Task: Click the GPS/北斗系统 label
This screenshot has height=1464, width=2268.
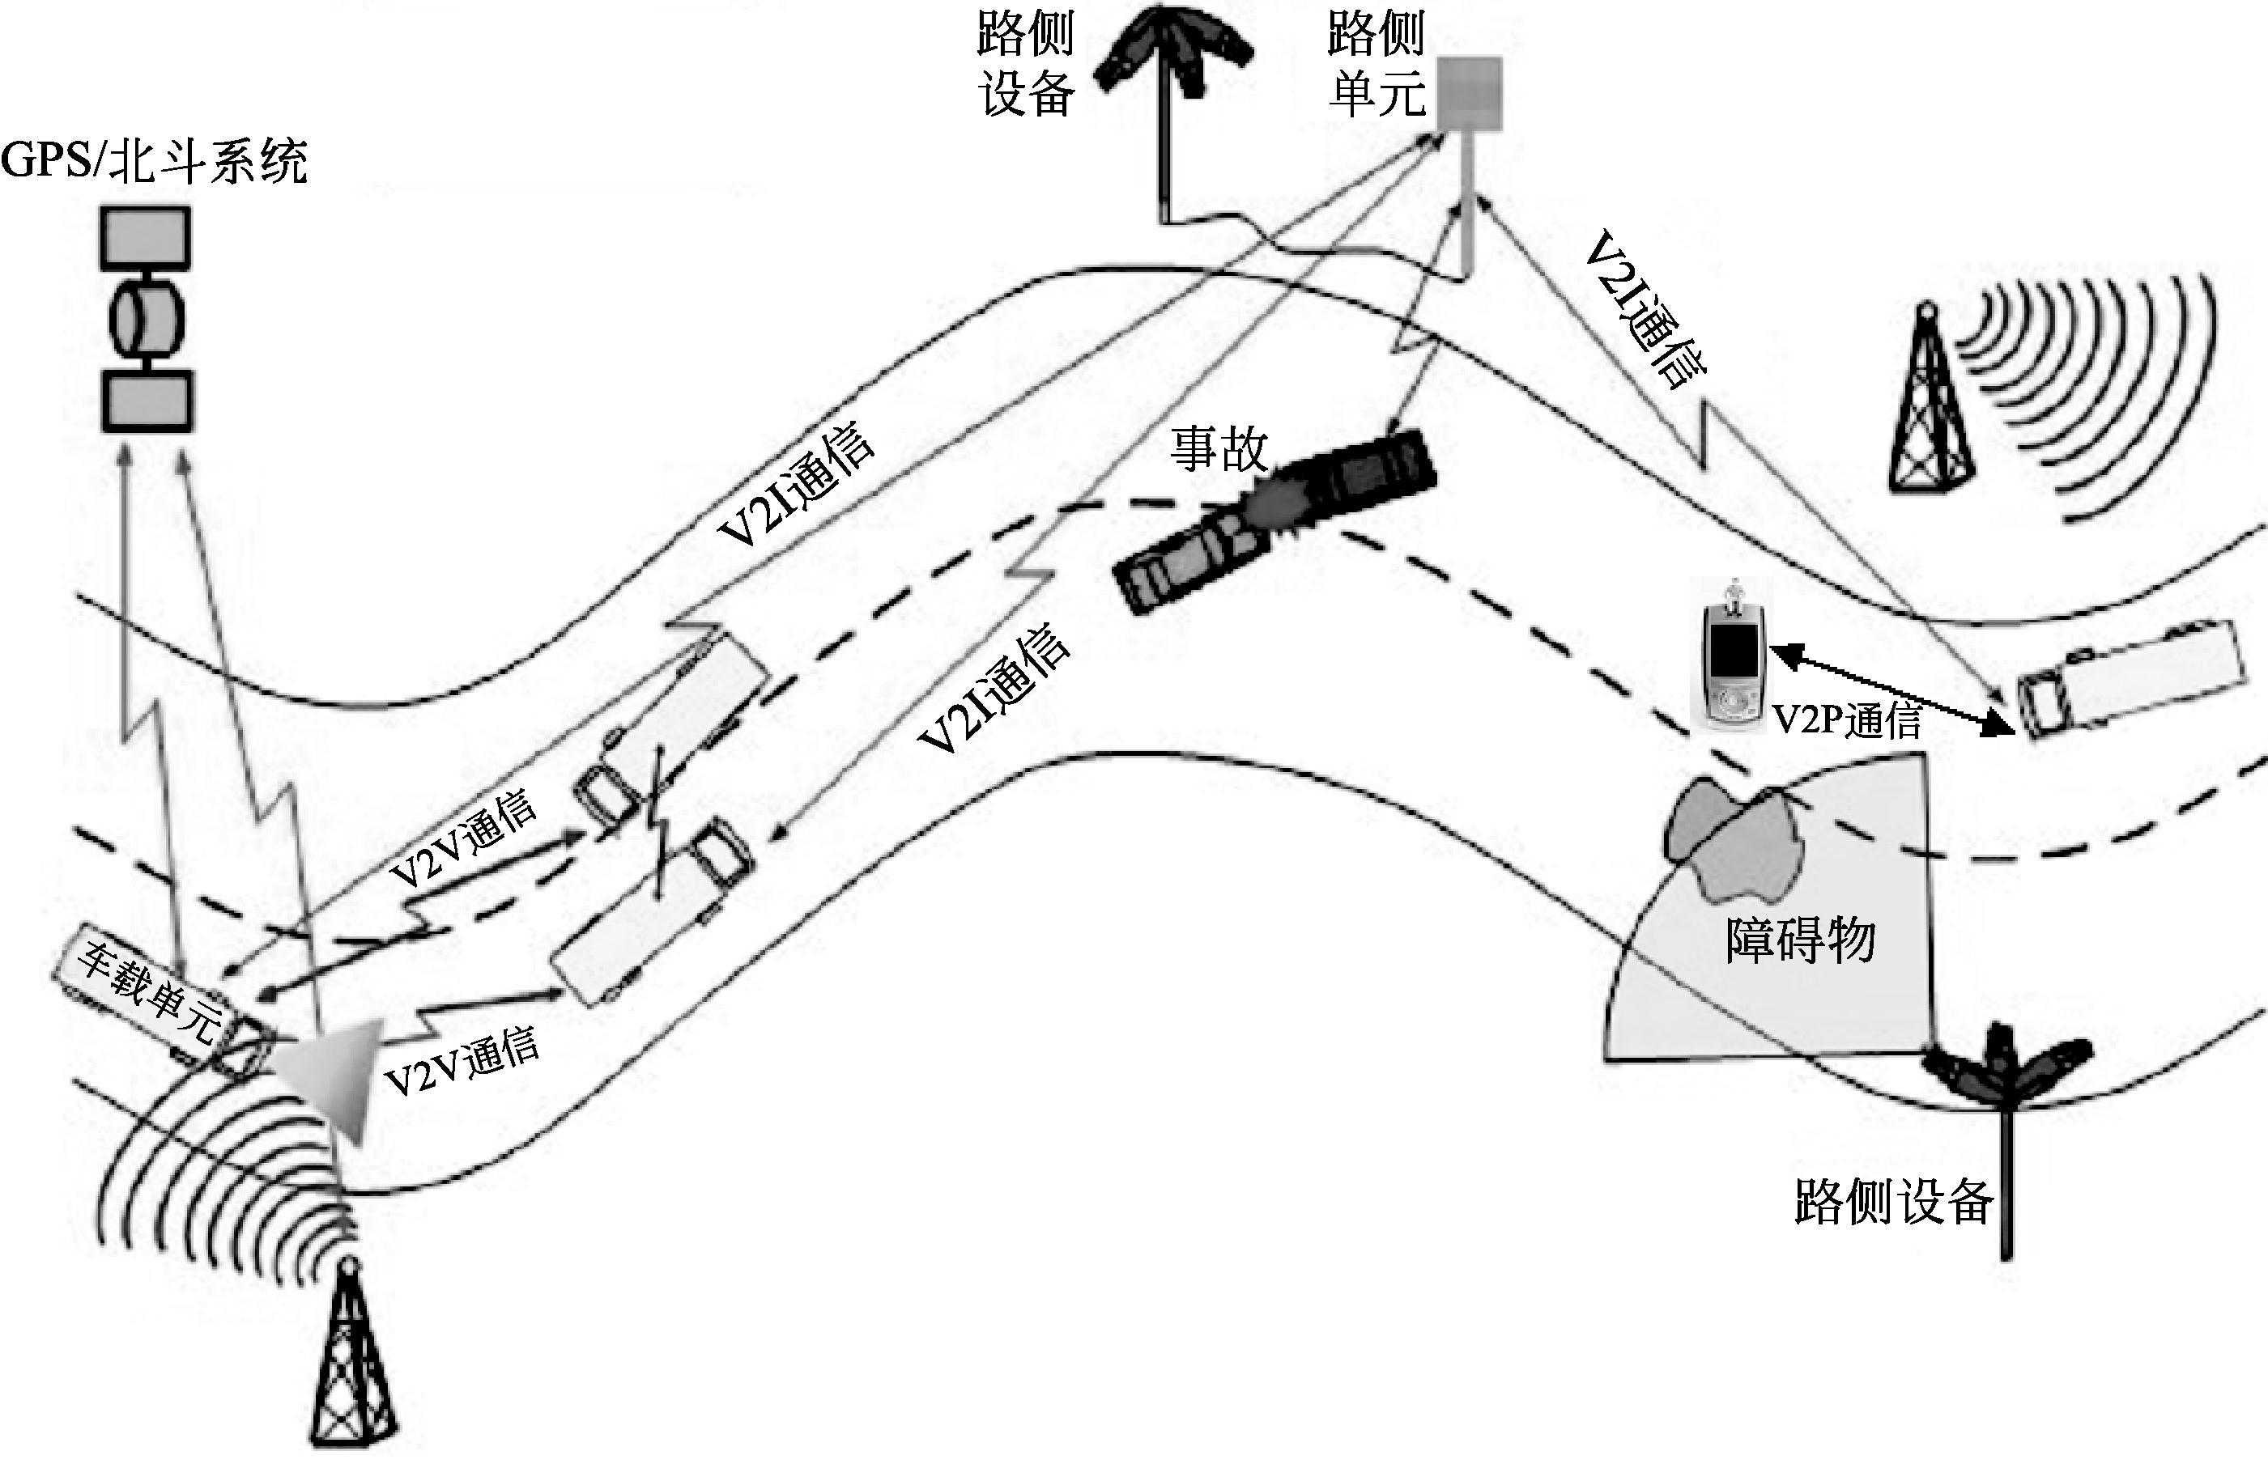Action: click(154, 162)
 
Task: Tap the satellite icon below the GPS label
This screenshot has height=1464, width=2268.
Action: click(147, 320)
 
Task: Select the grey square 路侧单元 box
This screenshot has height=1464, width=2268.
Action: click(1467, 94)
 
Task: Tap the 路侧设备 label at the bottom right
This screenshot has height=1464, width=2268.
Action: click(1892, 1202)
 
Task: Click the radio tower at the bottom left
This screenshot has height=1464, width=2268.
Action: click(353, 1360)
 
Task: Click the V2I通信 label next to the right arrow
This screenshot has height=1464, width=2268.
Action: click(1645, 310)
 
